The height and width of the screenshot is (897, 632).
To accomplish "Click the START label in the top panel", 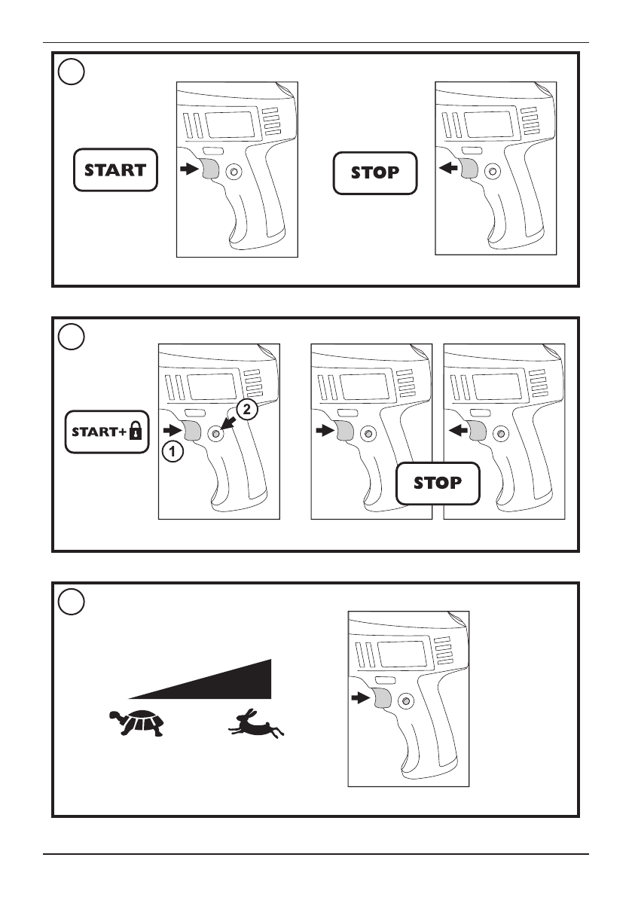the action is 115,170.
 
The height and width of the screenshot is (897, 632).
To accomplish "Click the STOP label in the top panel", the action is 375,172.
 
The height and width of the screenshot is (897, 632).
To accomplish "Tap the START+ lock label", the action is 107,432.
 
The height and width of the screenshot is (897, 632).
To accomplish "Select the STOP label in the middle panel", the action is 438,484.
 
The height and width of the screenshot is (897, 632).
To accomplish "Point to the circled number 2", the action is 246,410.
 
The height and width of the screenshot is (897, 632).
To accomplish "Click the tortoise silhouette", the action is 136,722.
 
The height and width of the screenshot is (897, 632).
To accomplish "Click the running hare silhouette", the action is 255,724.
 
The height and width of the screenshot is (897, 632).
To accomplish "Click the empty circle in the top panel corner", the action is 72,72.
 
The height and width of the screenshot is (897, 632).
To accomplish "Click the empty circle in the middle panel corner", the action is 72,337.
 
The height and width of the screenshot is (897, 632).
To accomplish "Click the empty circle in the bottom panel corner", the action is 72,602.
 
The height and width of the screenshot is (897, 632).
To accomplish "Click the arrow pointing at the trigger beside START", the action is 189,169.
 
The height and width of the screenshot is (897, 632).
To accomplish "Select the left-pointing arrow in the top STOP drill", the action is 449,168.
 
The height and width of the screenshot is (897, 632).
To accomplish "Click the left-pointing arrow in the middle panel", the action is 459,429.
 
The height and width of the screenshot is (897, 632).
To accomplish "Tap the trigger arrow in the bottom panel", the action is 361,697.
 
